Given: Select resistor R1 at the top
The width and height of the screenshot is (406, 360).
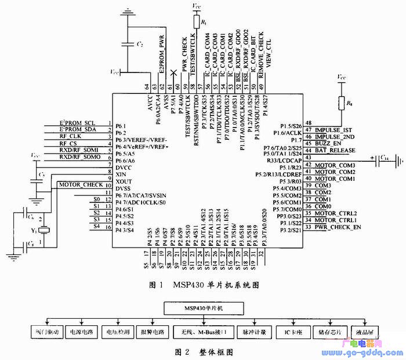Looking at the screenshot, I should point(196,23).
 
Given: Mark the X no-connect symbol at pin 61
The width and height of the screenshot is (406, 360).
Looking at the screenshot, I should point(175,75).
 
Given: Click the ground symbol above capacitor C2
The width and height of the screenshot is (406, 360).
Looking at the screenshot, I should point(127,12).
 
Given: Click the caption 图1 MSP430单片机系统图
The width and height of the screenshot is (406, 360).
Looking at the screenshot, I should point(203,285).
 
